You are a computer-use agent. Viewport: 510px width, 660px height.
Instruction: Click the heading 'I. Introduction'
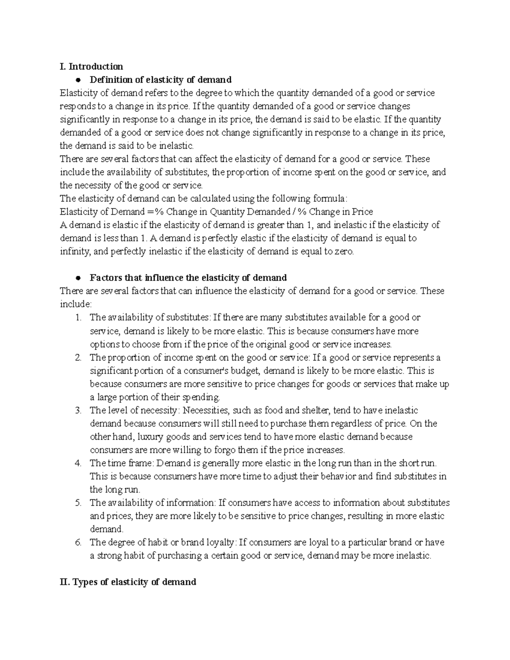(x=91, y=66)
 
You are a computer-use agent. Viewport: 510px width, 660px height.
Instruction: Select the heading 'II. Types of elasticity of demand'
(x=128, y=582)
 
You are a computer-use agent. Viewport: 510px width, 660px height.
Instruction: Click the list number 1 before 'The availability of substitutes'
(x=77, y=317)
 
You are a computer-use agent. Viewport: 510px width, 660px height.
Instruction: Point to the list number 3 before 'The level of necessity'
(x=77, y=411)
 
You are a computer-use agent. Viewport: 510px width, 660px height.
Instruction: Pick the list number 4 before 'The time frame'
(x=77, y=463)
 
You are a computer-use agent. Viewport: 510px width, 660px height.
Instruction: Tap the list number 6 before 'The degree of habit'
(x=77, y=543)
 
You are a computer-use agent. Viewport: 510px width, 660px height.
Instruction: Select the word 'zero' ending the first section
(x=344, y=252)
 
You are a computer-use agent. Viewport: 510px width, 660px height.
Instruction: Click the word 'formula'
(x=330, y=198)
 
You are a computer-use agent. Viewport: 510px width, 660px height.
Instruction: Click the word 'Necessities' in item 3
(x=205, y=411)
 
